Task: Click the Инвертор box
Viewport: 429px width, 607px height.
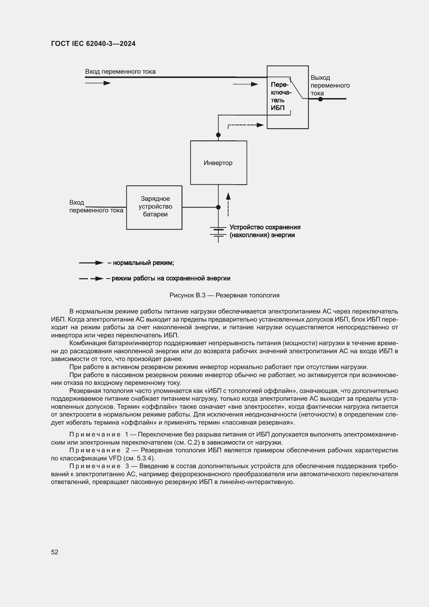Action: (218, 163)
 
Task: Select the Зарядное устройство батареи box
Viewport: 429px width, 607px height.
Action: (154, 207)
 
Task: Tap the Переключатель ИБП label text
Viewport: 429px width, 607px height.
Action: (281, 96)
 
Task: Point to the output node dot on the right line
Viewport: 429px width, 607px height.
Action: (320, 99)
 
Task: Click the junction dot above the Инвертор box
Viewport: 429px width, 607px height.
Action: (218, 135)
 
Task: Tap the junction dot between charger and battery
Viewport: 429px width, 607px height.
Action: (218, 207)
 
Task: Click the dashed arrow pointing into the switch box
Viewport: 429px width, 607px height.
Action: (246, 125)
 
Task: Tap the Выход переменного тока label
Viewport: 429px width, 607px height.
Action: (330, 85)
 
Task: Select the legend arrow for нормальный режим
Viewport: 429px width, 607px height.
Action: (91, 263)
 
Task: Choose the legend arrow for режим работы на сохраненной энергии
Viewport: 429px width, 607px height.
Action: (91, 279)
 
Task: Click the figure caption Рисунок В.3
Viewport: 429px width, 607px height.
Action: (224, 295)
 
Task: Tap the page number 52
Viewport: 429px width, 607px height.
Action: (54, 552)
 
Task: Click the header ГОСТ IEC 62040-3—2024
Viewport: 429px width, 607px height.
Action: (93, 44)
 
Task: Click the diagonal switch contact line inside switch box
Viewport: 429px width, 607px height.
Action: (296, 88)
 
